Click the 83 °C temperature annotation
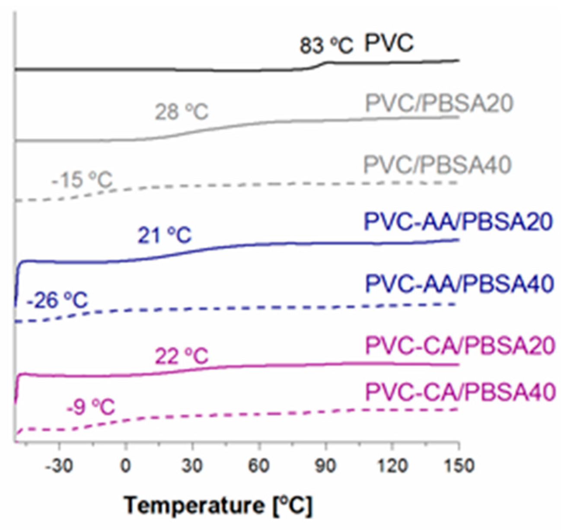[x=326, y=45]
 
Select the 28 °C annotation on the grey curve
[x=182, y=112]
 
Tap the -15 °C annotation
[x=82, y=180]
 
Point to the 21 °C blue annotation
[x=164, y=235]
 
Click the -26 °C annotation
[x=57, y=300]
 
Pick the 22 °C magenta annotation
[x=182, y=357]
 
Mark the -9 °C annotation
[x=90, y=407]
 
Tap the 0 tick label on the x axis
[x=126, y=466]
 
